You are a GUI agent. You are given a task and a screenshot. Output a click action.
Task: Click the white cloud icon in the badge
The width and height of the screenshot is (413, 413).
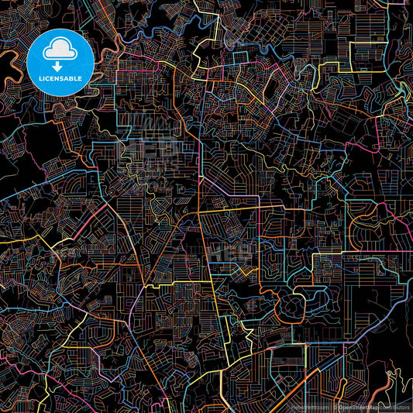point(60,48)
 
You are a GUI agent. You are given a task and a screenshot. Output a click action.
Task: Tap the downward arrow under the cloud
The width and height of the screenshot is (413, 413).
point(60,57)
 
